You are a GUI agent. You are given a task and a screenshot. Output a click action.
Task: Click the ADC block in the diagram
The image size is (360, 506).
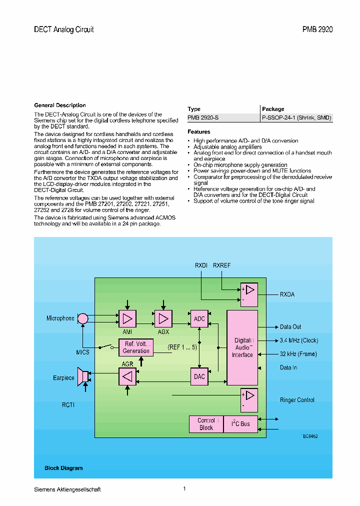[199, 319]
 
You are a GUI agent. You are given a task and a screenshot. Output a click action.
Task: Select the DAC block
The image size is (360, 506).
[199, 376]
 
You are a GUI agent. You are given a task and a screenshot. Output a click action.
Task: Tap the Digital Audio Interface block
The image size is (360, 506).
[242, 347]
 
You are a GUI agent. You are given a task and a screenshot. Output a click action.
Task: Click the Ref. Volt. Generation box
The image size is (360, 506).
[136, 347]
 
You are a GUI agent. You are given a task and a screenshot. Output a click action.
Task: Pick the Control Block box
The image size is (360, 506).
[206, 424]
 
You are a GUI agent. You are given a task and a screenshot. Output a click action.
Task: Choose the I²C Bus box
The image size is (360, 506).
[240, 424]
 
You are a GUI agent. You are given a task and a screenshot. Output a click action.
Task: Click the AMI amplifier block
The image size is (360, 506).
[127, 318]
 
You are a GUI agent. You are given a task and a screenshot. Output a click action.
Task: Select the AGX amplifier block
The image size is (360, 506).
[162, 318]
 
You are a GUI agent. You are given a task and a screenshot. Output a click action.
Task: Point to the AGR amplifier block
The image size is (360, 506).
[127, 376]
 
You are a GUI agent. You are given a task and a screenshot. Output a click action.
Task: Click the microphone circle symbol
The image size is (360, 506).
[83, 318]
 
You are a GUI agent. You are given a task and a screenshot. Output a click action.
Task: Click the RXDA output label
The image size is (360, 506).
[287, 294]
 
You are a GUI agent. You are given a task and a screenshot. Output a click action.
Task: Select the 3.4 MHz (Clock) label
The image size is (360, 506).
[298, 340]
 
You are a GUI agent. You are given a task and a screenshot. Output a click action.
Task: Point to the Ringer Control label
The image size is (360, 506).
[297, 400]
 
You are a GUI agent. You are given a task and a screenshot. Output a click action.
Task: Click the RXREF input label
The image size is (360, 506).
[221, 265]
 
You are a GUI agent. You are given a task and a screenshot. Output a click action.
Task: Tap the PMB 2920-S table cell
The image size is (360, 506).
[203, 118]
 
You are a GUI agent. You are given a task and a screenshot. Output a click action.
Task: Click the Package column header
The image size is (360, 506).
[273, 109]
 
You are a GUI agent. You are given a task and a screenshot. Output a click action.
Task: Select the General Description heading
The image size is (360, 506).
[60, 105]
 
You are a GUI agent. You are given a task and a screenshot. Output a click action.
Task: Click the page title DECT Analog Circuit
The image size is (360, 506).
[63, 29]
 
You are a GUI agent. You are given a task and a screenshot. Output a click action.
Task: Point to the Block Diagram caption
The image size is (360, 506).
[63, 468]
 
